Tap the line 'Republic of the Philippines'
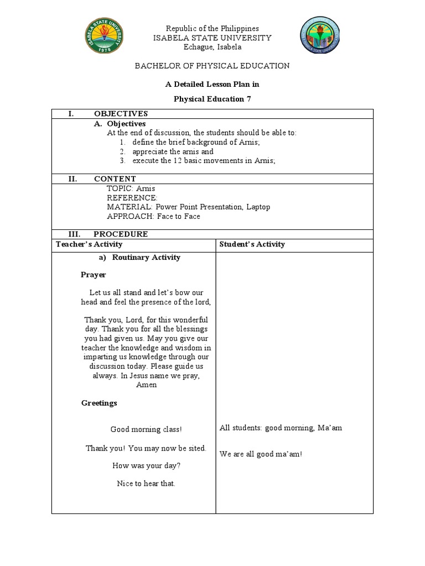coord(212,28)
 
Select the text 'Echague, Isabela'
coord(212,47)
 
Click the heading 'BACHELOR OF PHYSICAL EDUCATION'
coord(212,66)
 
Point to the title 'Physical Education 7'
coord(212,99)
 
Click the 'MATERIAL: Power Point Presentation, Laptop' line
coord(188,207)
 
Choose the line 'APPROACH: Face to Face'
coord(153,216)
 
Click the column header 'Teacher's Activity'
coord(89,244)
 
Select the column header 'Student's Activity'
coord(252,244)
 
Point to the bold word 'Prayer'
coord(94,275)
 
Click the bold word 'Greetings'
coord(99,403)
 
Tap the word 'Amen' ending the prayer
coord(146,385)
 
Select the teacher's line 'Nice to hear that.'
coord(146,484)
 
